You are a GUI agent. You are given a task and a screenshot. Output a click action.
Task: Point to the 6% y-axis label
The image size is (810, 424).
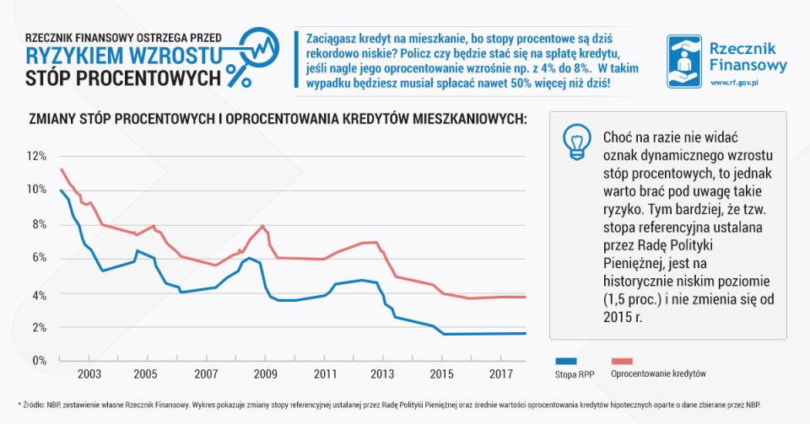tap(37, 259)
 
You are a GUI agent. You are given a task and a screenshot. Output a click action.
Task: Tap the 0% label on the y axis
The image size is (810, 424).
tap(37, 360)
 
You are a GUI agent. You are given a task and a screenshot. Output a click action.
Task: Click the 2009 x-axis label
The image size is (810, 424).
tap(266, 373)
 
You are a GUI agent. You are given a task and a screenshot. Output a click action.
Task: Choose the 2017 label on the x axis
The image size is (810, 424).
tap(499, 373)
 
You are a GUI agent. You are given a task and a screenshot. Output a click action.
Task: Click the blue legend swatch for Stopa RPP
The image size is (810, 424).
tap(566, 358)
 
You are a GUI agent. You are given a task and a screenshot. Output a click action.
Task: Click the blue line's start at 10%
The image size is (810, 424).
tap(61, 191)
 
